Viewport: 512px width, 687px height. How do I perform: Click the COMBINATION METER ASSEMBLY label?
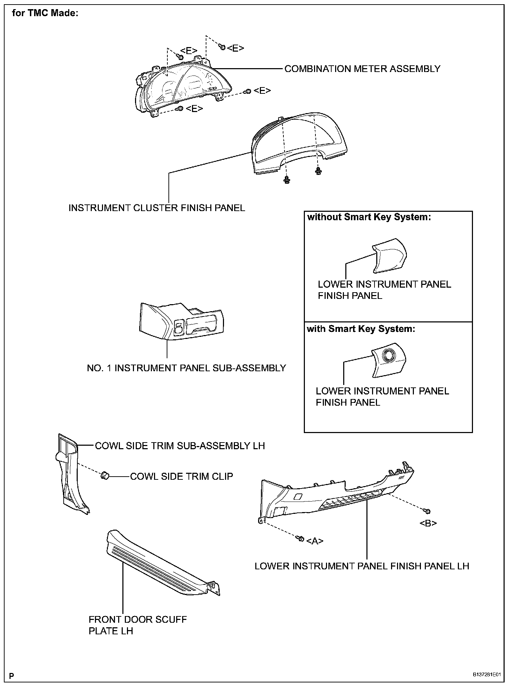click(362, 69)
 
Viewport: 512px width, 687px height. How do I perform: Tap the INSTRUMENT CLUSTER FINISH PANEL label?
click(156, 208)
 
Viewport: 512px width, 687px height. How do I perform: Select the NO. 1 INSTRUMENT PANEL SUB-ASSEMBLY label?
click(186, 368)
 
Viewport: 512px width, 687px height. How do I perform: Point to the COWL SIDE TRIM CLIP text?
click(181, 476)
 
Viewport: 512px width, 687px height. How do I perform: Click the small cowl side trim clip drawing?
click(104, 476)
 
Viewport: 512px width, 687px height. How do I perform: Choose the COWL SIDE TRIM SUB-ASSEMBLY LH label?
click(180, 446)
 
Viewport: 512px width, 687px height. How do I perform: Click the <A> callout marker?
click(315, 541)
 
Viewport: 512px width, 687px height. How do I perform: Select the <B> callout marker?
click(428, 523)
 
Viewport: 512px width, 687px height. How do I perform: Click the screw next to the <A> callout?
click(300, 538)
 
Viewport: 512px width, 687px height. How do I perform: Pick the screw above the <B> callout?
click(428, 511)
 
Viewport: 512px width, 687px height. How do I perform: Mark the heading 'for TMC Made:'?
click(45, 13)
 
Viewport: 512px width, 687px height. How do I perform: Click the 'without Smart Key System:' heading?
click(369, 217)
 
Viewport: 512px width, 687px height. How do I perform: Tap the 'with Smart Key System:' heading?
click(361, 329)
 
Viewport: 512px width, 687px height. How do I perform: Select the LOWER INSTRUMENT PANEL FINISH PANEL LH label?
click(362, 566)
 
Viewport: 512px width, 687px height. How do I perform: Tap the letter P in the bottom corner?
click(12, 675)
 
